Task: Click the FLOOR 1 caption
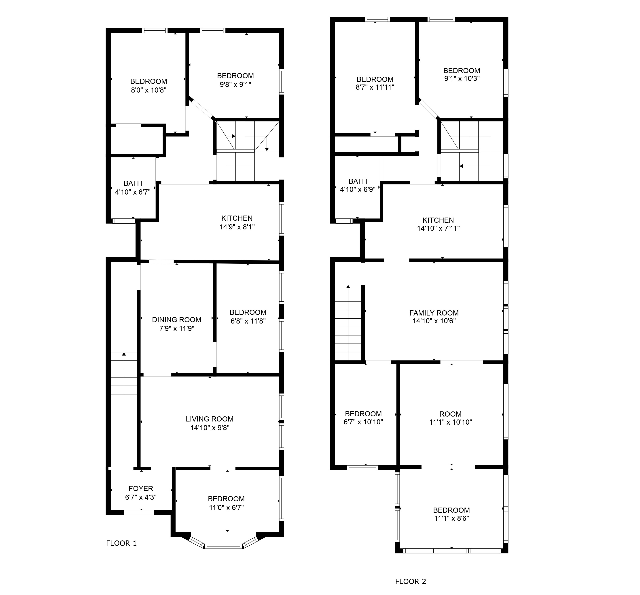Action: [x=121, y=543]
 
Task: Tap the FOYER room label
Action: [x=141, y=488]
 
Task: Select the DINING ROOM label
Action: [x=176, y=320]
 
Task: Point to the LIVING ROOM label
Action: [x=210, y=419]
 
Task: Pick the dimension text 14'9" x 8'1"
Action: [x=237, y=227]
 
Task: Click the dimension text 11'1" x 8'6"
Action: [x=451, y=518]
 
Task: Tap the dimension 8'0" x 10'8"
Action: [x=148, y=90]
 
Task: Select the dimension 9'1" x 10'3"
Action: [x=462, y=78]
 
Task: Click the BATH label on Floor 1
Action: [x=133, y=183]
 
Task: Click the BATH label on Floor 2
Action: [x=358, y=181]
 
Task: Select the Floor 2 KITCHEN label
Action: [x=438, y=220]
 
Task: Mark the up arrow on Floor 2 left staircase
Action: [x=348, y=287]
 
